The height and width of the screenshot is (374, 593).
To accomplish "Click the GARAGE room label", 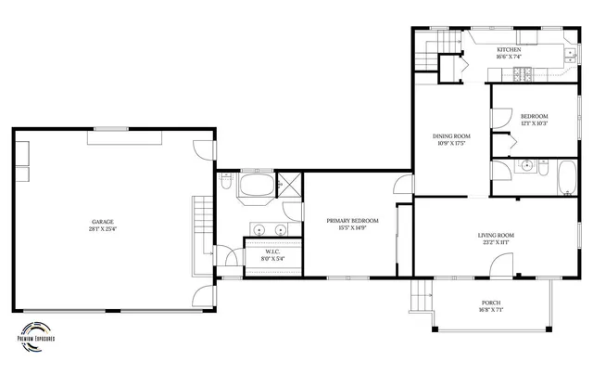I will point(102,221).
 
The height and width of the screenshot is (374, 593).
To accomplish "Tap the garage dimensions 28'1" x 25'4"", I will point(102,228).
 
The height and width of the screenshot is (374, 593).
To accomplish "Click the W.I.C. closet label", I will point(272,251).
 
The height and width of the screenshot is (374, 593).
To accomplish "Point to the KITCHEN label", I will point(509,49).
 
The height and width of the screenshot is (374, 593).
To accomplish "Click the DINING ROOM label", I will point(448,137).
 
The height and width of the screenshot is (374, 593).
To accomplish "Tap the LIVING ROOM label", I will point(496,236).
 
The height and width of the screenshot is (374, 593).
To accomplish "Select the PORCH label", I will point(491,303).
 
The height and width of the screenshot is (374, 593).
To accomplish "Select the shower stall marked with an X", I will point(289,183).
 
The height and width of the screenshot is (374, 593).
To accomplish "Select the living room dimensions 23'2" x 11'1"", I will point(496,243).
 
